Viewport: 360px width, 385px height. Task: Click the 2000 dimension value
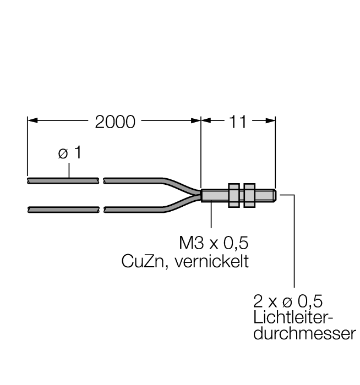coord(115,122)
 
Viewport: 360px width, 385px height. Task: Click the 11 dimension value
coord(238,122)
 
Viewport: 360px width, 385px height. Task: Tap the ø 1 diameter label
coord(70,153)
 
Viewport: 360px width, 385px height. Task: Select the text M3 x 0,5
coord(210,243)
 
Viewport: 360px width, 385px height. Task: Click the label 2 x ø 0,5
coord(288,301)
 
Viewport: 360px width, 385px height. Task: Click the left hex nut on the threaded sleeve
coord(233,195)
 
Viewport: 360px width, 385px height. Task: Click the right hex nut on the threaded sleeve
coord(248,195)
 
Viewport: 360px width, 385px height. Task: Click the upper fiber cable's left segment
coord(63,180)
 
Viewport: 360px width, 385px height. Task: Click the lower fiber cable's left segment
coord(63,209)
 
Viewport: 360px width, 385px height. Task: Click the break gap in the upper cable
coord(102,180)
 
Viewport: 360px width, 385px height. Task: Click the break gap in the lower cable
coord(102,209)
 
